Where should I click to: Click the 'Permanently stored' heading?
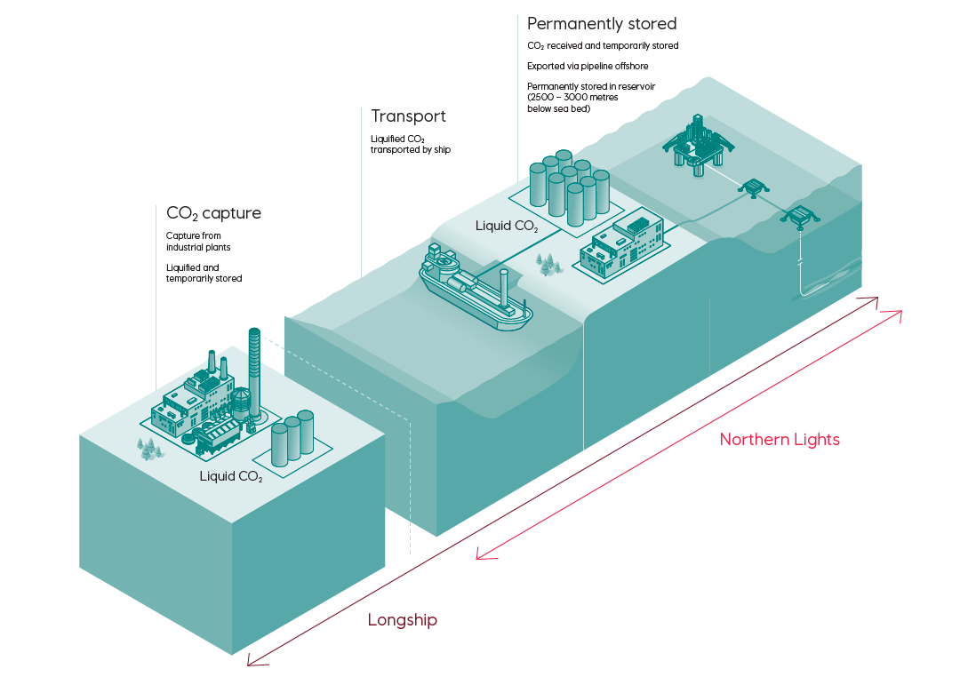(x=602, y=24)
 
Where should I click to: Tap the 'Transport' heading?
(x=408, y=116)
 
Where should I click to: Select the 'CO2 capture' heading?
(x=213, y=213)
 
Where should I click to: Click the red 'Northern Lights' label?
(x=780, y=440)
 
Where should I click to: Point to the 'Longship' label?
(x=403, y=619)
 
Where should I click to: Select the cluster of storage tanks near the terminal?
(x=569, y=187)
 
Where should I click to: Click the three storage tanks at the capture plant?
(x=292, y=437)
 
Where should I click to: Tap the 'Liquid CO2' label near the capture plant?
(x=231, y=476)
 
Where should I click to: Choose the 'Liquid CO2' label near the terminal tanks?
(x=507, y=226)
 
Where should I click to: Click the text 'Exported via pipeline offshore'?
(x=588, y=66)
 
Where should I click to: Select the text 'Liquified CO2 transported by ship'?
(x=411, y=145)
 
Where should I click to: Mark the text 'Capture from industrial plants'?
(x=198, y=242)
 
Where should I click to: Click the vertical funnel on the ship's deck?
(x=504, y=288)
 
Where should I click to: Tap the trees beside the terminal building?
(x=548, y=264)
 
